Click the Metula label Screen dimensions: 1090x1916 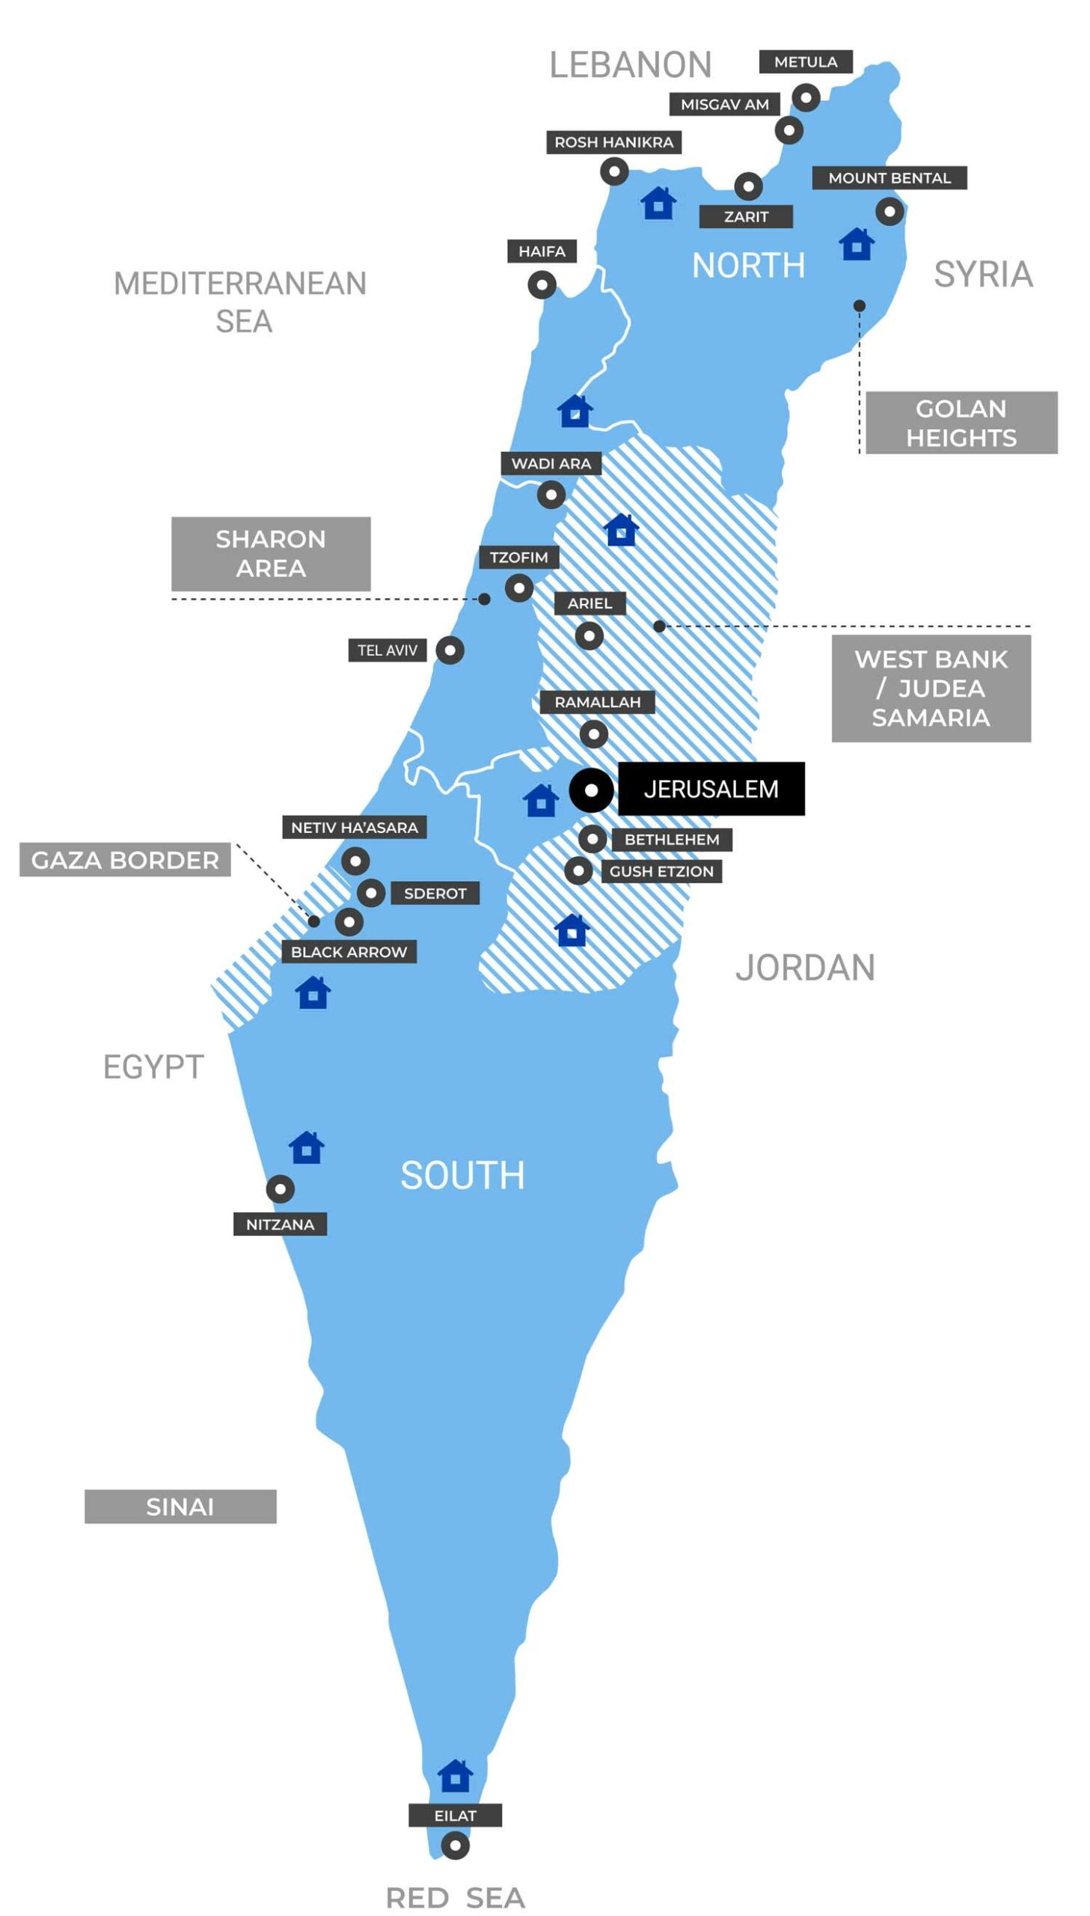pos(806,62)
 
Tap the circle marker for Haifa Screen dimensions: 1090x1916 pos(542,285)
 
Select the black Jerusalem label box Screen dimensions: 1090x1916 pos(711,789)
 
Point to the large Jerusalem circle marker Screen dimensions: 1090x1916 pos(591,790)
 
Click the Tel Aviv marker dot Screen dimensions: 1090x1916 pos(450,650)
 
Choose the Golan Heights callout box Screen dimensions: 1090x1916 pos(961,423)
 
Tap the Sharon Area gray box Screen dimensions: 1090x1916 pos(270,553)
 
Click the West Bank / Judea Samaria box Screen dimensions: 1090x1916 pos(931,688)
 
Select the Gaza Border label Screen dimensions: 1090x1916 pos(125,860)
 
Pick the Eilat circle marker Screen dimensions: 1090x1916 pos(455,1846)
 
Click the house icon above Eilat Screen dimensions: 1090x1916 pos(455,1777)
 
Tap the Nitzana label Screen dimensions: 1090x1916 pos(280,1224)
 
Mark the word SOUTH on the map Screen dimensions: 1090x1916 pos(462,1175)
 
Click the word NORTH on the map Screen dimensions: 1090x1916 pos(748,266)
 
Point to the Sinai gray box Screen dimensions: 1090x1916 pos(180,1507)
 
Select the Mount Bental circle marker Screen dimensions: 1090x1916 pos(890,212)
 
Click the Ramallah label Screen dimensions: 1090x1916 pos(598,702)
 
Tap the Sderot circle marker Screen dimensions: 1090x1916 pos(370,893)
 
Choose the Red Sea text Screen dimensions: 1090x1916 pos(455,1898)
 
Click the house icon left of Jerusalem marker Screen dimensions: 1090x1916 pos(541,801)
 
